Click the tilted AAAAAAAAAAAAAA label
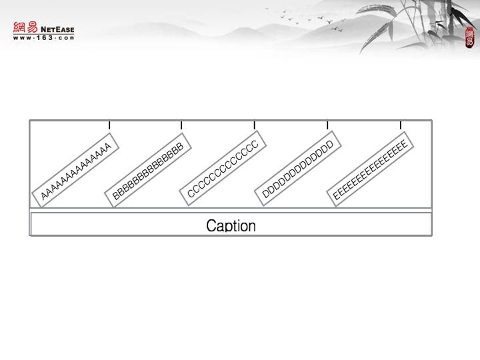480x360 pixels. coord(75,171)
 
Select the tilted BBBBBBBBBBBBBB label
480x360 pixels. coord(148,171)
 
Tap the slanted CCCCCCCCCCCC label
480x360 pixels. coord(223,169)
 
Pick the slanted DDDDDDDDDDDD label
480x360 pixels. coord(297,169)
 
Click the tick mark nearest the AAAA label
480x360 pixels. coord(109,125)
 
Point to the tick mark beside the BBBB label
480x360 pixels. coord(181,125)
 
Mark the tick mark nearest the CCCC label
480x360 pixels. coord(255,125)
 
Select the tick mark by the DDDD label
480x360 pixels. coord(327,125)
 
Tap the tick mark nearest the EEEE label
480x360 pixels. coord(401,125)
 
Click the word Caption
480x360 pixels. coord(231,225)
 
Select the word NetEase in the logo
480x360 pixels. coord(57,29)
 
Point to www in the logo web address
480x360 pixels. coord(21,37)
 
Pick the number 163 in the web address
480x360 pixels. coord(44,37)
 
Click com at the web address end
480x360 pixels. coord(65,37)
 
